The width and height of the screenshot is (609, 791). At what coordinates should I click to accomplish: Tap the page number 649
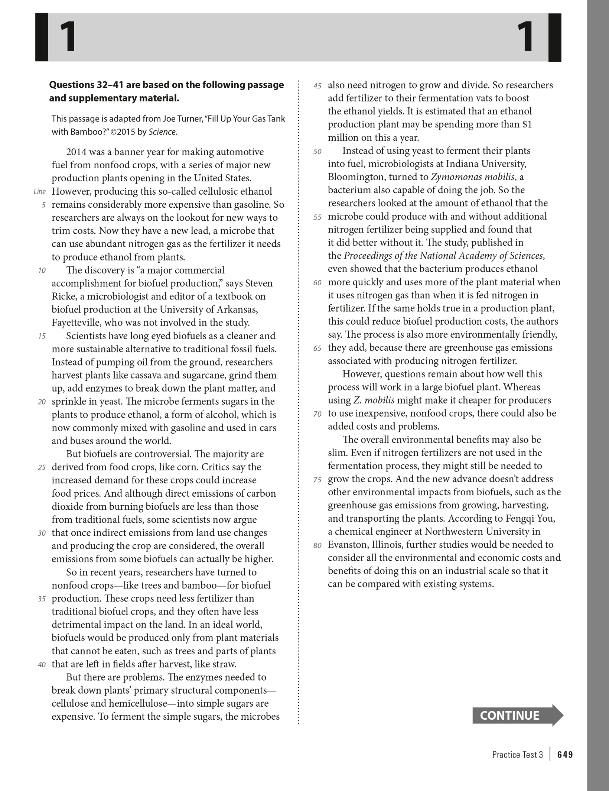(565, 755)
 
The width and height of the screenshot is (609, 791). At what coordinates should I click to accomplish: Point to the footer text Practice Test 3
(517, 755)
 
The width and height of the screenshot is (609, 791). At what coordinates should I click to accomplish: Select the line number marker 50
(317, 152)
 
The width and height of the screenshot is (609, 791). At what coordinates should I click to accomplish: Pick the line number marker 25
(42, 468)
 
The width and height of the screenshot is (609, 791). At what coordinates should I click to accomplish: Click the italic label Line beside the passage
(40, 192)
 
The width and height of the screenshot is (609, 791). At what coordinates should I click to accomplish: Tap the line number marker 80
(317, 545)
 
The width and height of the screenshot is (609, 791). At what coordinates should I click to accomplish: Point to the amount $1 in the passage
(527, 124)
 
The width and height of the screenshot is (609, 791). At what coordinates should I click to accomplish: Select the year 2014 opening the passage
(76, 152)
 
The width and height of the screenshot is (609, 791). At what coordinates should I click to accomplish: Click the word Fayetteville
(76, 322)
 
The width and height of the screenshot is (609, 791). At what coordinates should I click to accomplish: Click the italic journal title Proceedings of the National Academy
(424, 256)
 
